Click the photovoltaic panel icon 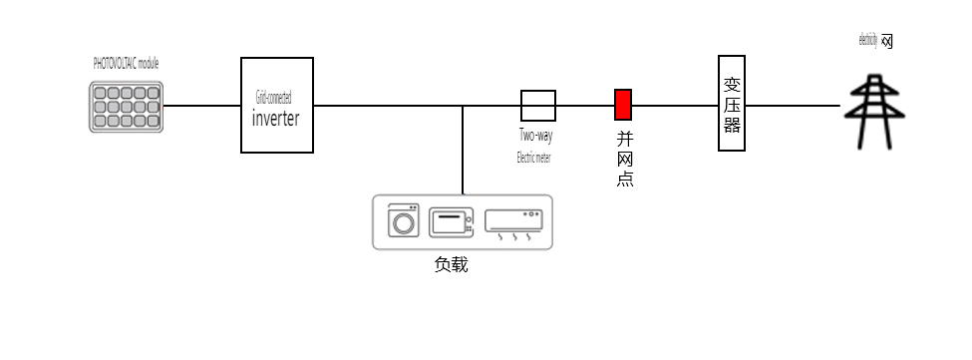pyautogui.click(x=125, y=107)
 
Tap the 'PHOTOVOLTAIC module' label pyautogui.click(x=126, y=63)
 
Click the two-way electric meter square pyautogui.click(x=537, y=105)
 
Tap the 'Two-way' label pyautogui.click(x=535, y=136)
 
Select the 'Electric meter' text pyautogui.click(x=533, y=158)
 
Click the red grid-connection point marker pyautogui.click(x=622, y=105)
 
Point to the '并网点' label pyautogui.click(x=625, y=160)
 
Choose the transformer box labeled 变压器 pyautogui.click(x=732, y=103)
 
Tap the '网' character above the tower pyautogui.click(x=886, y=42)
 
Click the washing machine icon pyautogui.click(x=404, y=220)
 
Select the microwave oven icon pyautogui.click(x=450, y=222)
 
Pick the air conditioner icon pyautogui.click(x=513, y=220)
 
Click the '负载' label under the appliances pyautogui.click(x=451, y=265)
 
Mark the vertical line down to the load pyautogui.click(x=463, y=150)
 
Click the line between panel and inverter pyautogui.click(x=201, y=105)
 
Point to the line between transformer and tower pyautogui.click(x=793, y=105)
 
